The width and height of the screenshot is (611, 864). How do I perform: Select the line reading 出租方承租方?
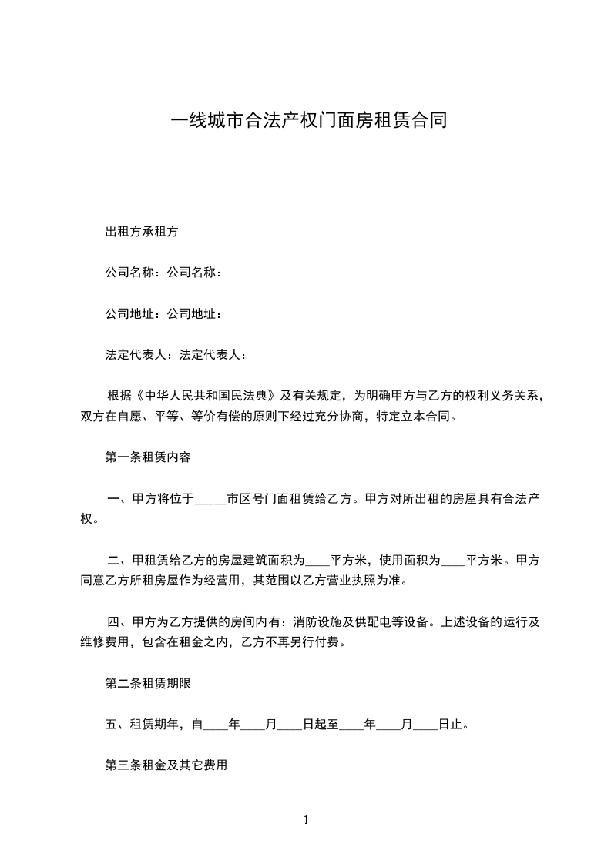click(142, 231)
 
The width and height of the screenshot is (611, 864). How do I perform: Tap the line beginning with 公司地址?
click(164, 314)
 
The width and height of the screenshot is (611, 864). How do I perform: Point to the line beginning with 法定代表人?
click(176, 355)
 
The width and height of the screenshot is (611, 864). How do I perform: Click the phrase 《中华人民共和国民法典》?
click(205, 397)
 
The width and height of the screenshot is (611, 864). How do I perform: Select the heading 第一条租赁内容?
click(147, 457)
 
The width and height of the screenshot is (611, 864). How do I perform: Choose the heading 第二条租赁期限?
click(147, 683)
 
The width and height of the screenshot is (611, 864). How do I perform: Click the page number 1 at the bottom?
click(306, 821)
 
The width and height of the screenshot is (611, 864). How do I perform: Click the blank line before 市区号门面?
click(210, 500)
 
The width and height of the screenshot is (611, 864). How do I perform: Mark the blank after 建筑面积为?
click(317, 561)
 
